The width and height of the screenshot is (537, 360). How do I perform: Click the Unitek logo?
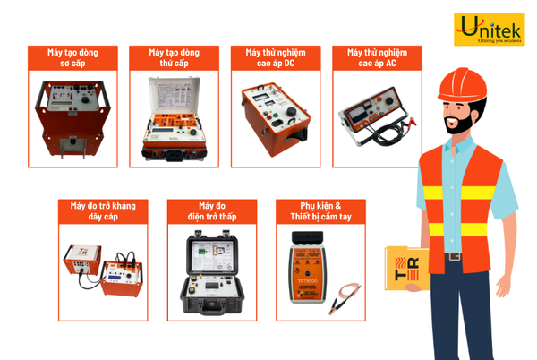tap(488, 29)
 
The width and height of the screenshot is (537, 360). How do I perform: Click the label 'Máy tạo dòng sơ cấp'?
tap(73, 58)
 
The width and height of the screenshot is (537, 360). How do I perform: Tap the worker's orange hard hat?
tap(465, 83)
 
